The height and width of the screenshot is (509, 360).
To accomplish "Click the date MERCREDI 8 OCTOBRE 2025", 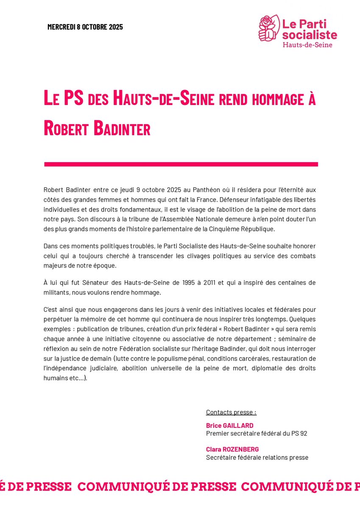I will pos(85,27).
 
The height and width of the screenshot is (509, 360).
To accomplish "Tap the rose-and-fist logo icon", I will pos(269,28).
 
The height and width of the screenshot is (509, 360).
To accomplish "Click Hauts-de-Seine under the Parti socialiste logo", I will pos(307,45).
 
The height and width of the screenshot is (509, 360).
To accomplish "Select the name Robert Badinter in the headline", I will pos(97,128).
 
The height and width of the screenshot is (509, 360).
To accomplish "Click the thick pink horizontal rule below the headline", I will pos(181,164).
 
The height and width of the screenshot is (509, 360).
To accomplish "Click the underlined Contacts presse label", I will pos(231,412).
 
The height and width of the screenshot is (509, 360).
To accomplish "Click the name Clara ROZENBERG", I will pos(232,449).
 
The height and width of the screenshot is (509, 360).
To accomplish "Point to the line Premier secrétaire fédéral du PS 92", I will pos(257,433).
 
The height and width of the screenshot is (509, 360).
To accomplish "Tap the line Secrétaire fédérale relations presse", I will pos(257,457).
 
